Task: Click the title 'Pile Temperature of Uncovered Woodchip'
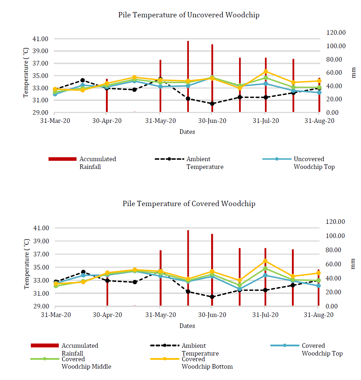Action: pyautogui.click(x=188, y=15)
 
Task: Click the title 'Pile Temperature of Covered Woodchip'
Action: pyautogui.click(x=189, y=204)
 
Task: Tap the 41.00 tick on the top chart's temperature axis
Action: pyautogui.click(x=40, y=39)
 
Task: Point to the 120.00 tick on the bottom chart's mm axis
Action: pyautogui.click(x=335, y=221)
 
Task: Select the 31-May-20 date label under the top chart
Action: pyautogui.click(x=160, y=121)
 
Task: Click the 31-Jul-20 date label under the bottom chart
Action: pyautogui.click(x=265, y=315)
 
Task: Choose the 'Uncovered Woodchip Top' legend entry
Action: pyautogui.click(x=299, y=163)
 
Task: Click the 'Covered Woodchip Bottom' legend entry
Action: pyautogui.click(x=192, y=363)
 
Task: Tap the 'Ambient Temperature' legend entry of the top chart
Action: pyautogui.click(x=189, y=163)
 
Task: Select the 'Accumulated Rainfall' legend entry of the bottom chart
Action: pyautogui.click(x=64, y=349)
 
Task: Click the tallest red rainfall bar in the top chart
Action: pyautogui.click(x=188, y=76)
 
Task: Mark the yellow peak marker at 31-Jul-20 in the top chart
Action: pyautogui.click(x=266, y=72)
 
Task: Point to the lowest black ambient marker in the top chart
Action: pyautogui.click(x=212, y=103)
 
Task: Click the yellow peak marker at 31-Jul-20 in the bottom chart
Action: pyautogui.click(x=265, y=261)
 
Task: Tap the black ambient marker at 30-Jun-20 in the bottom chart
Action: pyautogui.click(x=212, y=297)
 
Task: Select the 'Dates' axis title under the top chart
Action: pyautogui.click(x=187, y=132)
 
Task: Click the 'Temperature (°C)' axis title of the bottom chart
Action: pyautogui.click(x=27, y=264)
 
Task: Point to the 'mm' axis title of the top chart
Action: pyautogui.click(x=354, y=73)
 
